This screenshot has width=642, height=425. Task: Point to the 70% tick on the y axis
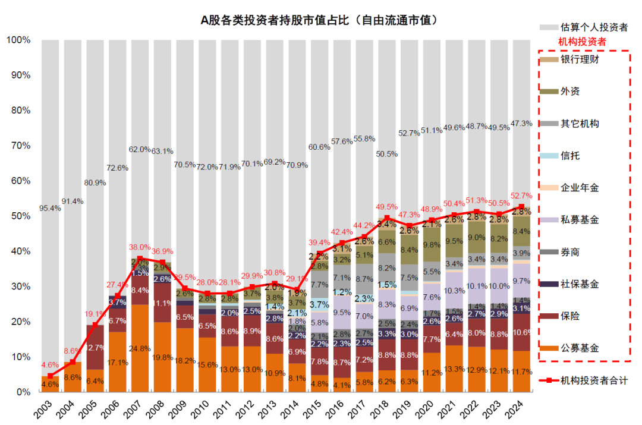pos(18,146)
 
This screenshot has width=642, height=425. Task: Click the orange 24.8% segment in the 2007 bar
pos(140,348)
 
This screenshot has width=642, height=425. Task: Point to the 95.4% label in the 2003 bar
pos(51,208)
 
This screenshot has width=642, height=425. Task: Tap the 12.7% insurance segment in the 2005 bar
pos(95,347)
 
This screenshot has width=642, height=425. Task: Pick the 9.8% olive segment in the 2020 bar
pos(431,244)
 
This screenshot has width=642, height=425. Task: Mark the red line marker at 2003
pos(51,376)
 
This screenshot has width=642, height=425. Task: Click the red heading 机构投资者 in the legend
pos(581,42)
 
